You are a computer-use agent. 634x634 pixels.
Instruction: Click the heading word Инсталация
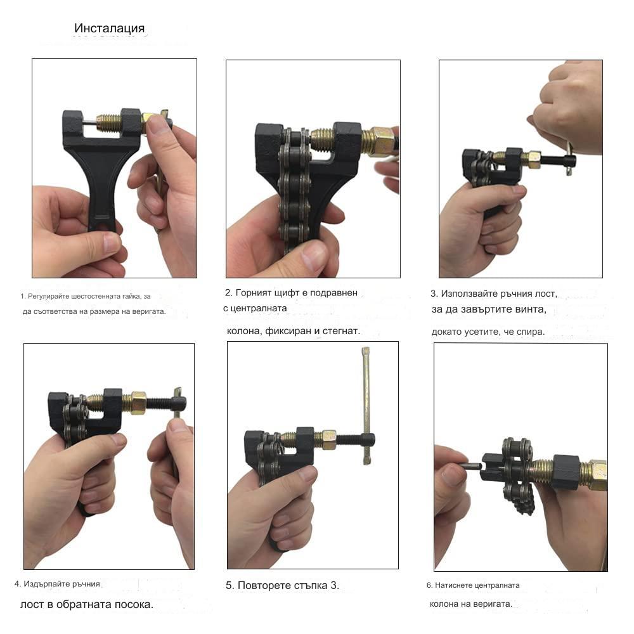tap(109, 29)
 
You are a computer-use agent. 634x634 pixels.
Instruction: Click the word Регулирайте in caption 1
tap(44, 296)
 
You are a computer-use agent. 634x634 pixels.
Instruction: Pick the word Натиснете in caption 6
tap(454, 585)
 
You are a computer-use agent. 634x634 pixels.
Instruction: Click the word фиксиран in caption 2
tap(288, 331)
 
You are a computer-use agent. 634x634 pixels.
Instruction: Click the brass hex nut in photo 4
tap(138, 403)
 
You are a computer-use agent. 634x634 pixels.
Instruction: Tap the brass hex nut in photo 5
tap(328, 440)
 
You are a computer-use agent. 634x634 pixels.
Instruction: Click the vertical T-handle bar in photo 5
tap(366, 406)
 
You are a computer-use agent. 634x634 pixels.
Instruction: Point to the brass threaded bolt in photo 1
tap(108, 123)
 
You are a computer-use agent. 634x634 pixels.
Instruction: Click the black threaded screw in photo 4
tap(159, 403)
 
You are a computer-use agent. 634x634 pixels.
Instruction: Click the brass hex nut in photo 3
tap(533, 159)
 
